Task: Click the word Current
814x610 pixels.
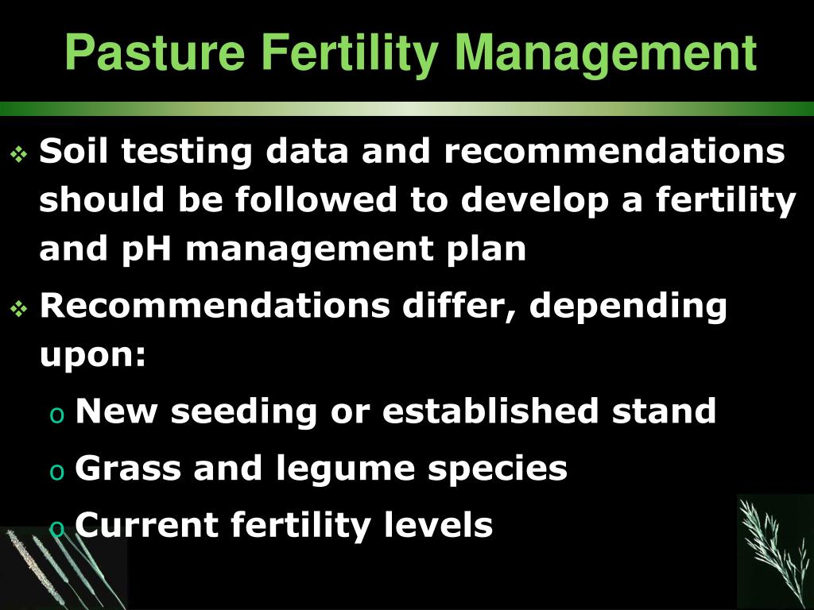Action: [146, 525]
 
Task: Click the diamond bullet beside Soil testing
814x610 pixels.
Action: [19, 152]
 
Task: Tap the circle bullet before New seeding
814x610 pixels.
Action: [56, 414]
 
